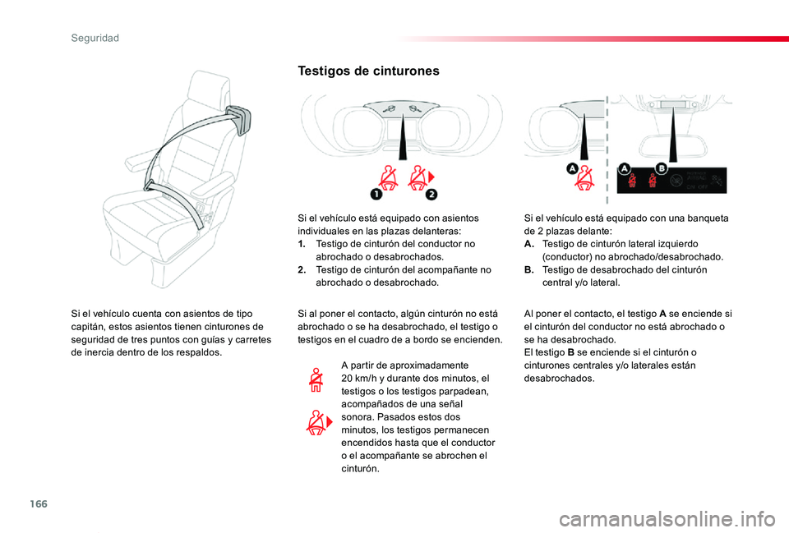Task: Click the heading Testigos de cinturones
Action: coord(368,71)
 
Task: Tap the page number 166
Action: coord(39,503)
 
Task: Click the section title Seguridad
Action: coord(95,39)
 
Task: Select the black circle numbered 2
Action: coord(431,194)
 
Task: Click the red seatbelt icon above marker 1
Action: coord(388,178)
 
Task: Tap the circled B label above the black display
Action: coord(661,168)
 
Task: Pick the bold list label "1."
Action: coord(302,244)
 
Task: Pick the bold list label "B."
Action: coord(528,269)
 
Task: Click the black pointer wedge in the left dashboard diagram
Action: coord(403,137)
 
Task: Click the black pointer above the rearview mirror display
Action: coord(673,135)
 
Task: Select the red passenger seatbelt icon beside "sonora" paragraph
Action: coord(319,422)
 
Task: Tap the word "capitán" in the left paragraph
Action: coord(86,327)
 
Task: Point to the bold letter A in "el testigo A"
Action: coord(662,314)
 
